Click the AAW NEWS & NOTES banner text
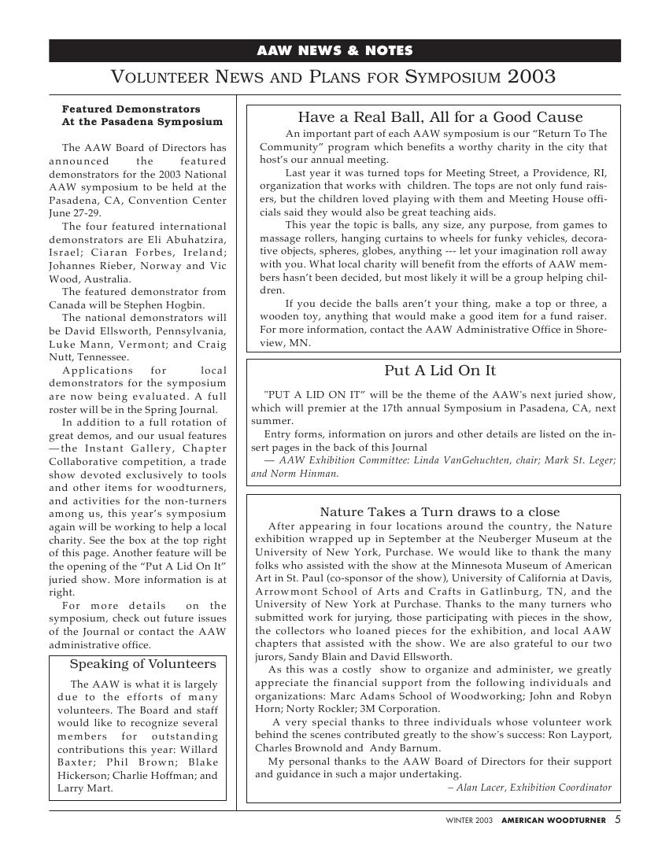coord(334,51)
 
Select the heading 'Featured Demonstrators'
coord(131,109)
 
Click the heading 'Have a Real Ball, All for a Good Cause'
coord(440,117)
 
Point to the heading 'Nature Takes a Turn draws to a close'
coord(440,512)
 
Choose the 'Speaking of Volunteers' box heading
coord(142,663)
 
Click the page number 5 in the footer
coord(618,819)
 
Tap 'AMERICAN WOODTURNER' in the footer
coord(554,820)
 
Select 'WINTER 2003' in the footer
coord(469,820)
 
